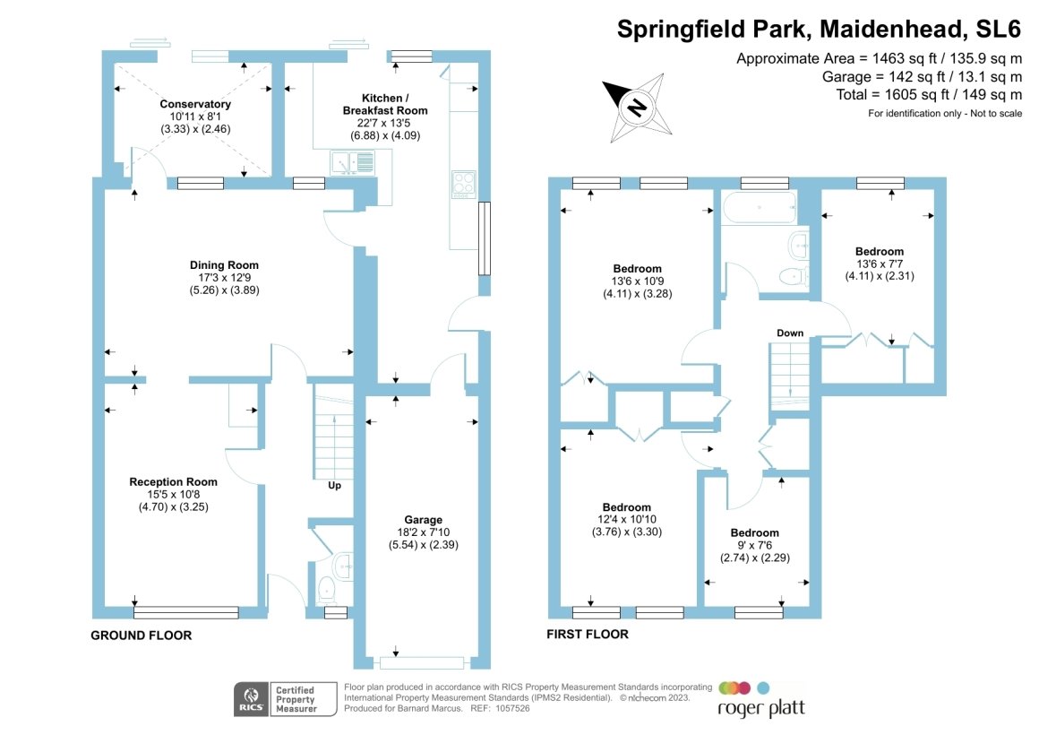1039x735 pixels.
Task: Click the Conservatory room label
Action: pyautogui.click(x=195, y=104)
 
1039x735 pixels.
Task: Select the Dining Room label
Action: pyautogui.click(x=224, y=264)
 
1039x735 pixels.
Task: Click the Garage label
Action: pyautogui.click(x=423, y=520)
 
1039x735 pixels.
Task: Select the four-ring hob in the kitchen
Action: pyautogui.click(x=464, y=184)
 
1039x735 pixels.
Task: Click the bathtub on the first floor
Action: pyautogui.click(x=759, y=208)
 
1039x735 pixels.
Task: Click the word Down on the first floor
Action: pyautogui.click(x=790, y=333)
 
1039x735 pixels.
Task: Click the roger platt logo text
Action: pyautogui.click(x=761, y=708)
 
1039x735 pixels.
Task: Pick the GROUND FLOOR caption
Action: pyautogui.click(x=142, y=636)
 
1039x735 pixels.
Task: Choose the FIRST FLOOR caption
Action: pyautogui.click(x=588, y=635)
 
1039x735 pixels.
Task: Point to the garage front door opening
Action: pyautogui.click(x=422, y=663)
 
